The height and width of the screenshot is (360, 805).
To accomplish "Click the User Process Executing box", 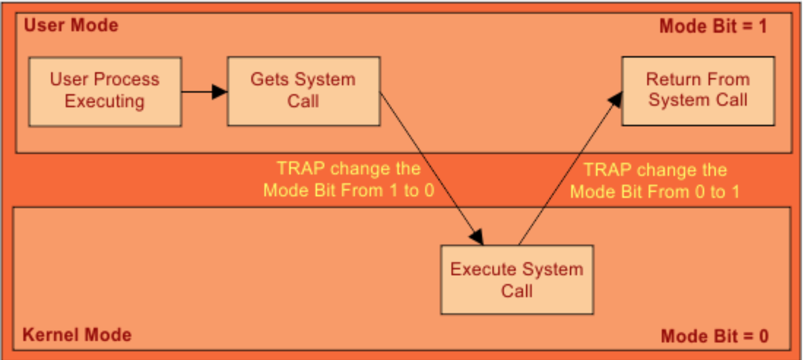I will click(x=105, y=91).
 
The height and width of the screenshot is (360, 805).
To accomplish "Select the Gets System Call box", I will click(x=303, y=91).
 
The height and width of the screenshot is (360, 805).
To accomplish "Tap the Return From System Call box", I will click(x=698, y=91).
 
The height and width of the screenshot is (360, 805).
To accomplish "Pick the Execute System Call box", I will click(x=516, y=280).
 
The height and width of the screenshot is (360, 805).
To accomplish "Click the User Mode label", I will click(x=71, y=26).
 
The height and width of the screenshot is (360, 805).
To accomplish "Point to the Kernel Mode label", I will click(x=77, y=335).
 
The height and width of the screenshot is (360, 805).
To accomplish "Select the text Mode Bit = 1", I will click(x=713, y=26).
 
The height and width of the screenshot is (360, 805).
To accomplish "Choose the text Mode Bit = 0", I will click(x=714, y=336).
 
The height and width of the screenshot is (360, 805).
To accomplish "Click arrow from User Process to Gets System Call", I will click(x=204, y=91).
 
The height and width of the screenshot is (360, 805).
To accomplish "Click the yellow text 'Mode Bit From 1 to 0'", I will click(x=349, y=191).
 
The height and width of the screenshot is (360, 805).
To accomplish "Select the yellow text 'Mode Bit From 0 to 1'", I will click(x=655, y=192).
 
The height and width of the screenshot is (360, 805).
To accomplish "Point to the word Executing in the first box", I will click(x=105, y=101).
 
